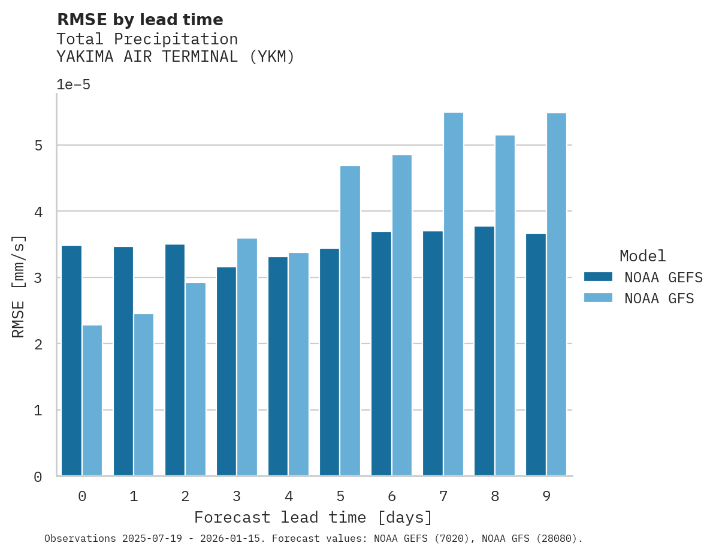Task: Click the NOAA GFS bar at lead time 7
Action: click(453, 294)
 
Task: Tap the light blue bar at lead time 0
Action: click(92, 400)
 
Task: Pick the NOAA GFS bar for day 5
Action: click(350, 321)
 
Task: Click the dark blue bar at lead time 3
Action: click(226, 372)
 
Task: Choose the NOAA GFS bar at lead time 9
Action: click(556, 294)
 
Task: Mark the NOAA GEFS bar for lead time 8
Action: click(484, 351)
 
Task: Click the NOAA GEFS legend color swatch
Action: click(598, 277)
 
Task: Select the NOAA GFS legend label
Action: click(659, 298)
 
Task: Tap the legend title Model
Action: click(642, 257)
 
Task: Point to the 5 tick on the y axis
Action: click(38, 146)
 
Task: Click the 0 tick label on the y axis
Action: click(38, 477)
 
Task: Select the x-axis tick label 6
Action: click(392, 496)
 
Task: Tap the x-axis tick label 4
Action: click(289, 496)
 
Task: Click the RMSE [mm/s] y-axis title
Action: click(19, 286)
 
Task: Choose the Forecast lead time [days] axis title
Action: click(313, 517)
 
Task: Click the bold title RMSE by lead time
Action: click(140, 20)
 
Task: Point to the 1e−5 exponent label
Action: click(74, 85)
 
